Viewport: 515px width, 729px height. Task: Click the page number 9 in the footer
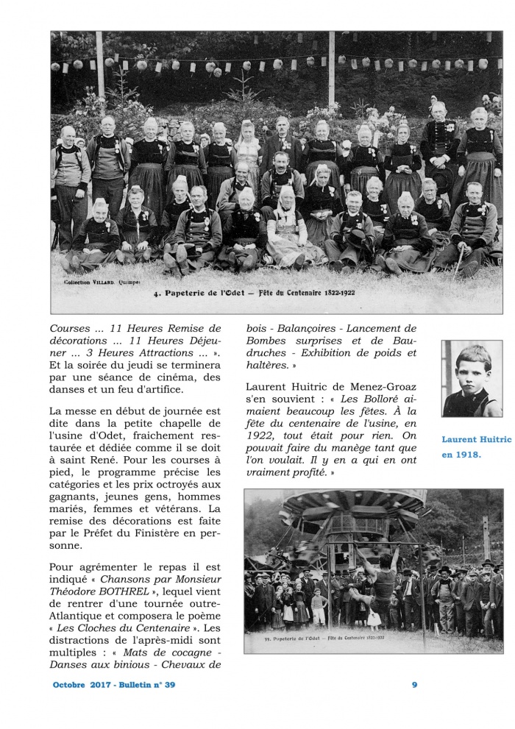point(415,685)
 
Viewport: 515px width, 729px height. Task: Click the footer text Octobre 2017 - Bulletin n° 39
point(114,685)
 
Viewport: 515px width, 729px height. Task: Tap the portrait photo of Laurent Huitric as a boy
point(472,378)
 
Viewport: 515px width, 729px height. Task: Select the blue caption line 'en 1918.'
point(461,455)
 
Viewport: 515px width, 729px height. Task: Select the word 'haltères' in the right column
point(267,364)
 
